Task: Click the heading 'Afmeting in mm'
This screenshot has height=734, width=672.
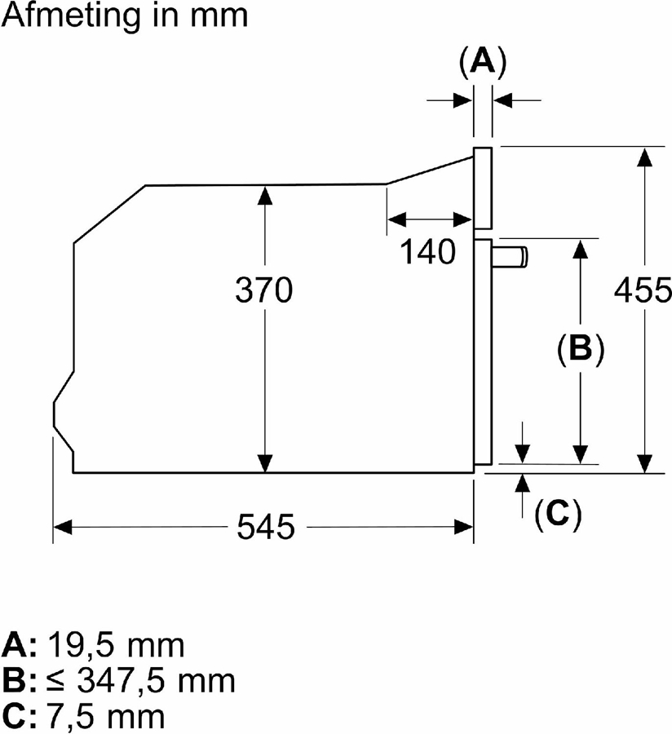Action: [x=125, y=16]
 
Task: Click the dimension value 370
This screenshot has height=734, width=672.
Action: [x=263, y=290]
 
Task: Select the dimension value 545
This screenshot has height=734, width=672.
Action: [x=266, y=528]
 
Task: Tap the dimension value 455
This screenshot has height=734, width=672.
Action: [x=643, y=290]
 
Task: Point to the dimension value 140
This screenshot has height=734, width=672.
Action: [x=427, y=252]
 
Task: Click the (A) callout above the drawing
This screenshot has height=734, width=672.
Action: [x=483, y=61]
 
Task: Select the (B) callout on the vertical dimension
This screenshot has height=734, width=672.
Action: [x=580, y=348]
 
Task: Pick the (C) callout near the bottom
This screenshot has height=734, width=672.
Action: [x=558, y=515]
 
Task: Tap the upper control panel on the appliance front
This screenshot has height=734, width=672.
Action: [x=483, y=188]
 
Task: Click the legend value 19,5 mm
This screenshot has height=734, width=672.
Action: [x=115, y=645]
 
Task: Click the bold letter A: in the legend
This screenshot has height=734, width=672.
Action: [x=19, y=645]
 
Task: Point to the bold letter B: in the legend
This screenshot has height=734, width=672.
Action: [x=19, y=680]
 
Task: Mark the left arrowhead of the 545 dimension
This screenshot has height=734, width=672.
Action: [x=62, y=528]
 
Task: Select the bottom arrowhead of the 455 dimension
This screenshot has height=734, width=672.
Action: [x=645, y=464]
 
